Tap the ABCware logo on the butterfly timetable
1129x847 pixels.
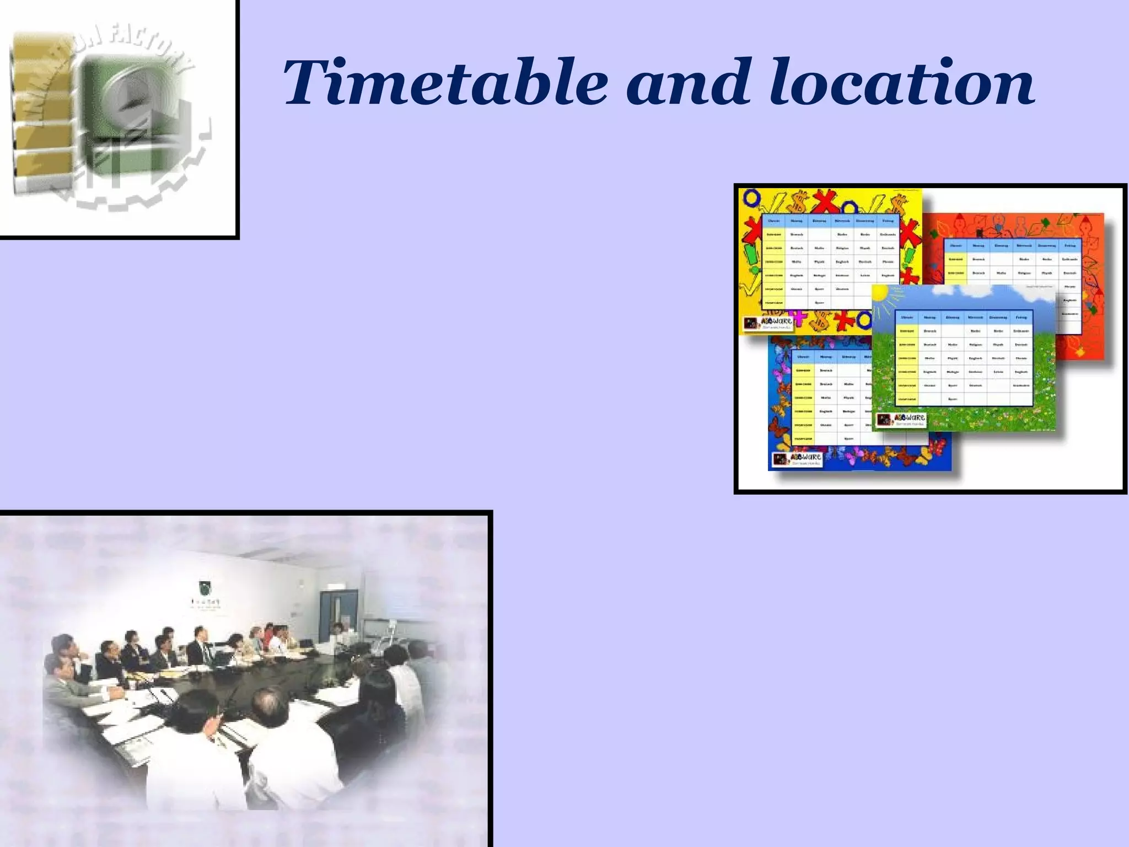797,459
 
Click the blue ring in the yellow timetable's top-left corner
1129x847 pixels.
751,197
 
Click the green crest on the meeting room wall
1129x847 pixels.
206,585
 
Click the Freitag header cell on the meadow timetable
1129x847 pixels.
1021,318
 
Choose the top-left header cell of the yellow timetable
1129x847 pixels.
773,221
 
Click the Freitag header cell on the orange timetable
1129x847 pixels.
1069,246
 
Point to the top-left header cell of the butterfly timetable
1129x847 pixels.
803,357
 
